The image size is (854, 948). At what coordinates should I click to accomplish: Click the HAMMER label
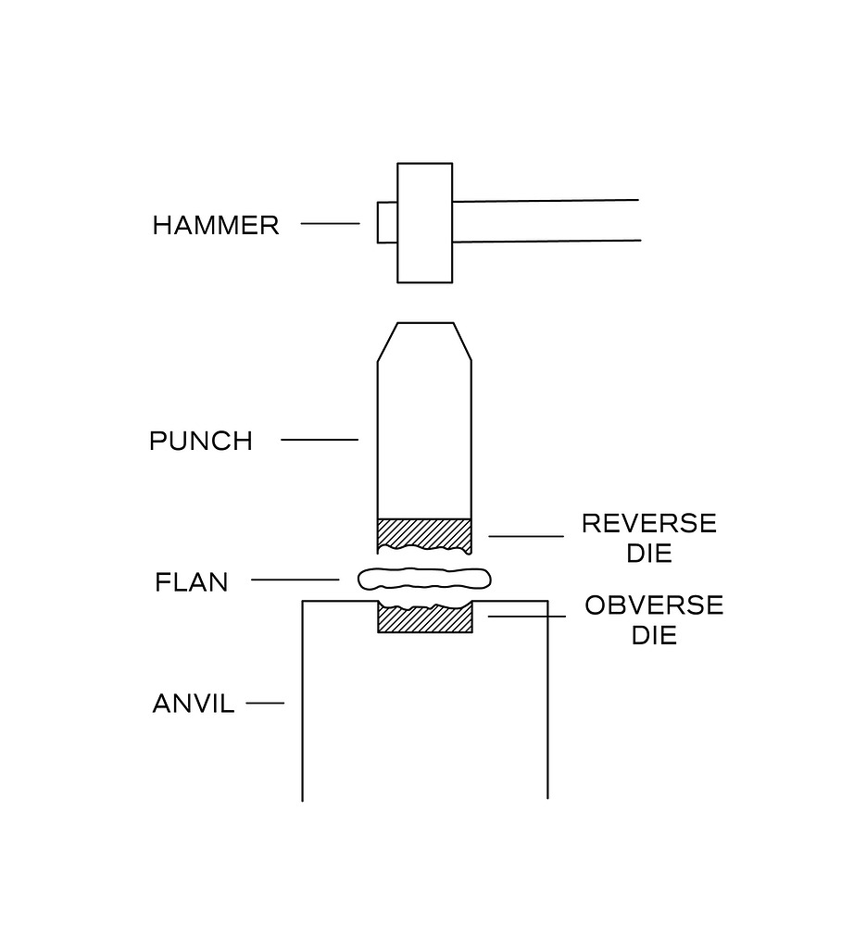[x=215, y=225]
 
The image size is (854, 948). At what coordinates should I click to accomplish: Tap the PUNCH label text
[x=200, y=441]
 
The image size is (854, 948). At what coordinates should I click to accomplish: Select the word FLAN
[x=191, y=582]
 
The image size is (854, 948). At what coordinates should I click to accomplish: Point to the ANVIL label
[x=193, y=705]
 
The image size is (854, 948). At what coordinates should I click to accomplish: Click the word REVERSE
[x=648, y=523]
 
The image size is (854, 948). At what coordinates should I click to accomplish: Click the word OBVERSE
[x=653, y=605]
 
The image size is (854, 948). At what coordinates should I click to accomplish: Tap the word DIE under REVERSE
[x=648, y=554]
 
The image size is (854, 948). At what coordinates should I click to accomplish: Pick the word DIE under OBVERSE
[x=653, y=636]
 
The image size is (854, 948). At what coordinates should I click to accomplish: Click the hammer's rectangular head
[x=424, y=222]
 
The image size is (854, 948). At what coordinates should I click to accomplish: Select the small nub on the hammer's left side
[x=386, y=222]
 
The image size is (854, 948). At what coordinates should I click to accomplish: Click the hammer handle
[x=546, y=220]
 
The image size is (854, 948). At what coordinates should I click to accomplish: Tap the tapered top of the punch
[x=424, y=343]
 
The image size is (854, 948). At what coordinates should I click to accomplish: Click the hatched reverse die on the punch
[x=423, y=533]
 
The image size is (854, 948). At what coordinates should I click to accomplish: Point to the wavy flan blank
[x=423, y=580]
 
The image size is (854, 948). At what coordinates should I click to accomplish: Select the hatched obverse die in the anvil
[x=425, y=619]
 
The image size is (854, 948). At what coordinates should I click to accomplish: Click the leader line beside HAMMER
[x=330, y=223]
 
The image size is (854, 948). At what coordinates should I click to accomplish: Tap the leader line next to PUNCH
[x=319, y=440]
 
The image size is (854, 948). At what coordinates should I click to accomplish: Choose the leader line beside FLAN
[x=295, y=580]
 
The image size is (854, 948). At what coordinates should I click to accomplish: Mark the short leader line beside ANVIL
[x=264, y=703]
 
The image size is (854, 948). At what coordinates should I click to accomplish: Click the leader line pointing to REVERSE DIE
[x=525, y=536]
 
